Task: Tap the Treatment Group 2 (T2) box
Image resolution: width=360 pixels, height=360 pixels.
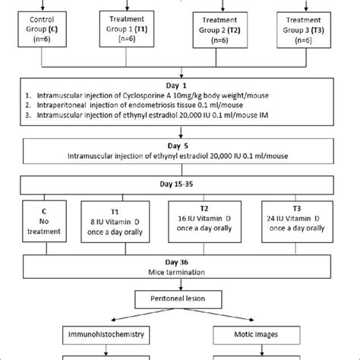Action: [225, 29]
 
